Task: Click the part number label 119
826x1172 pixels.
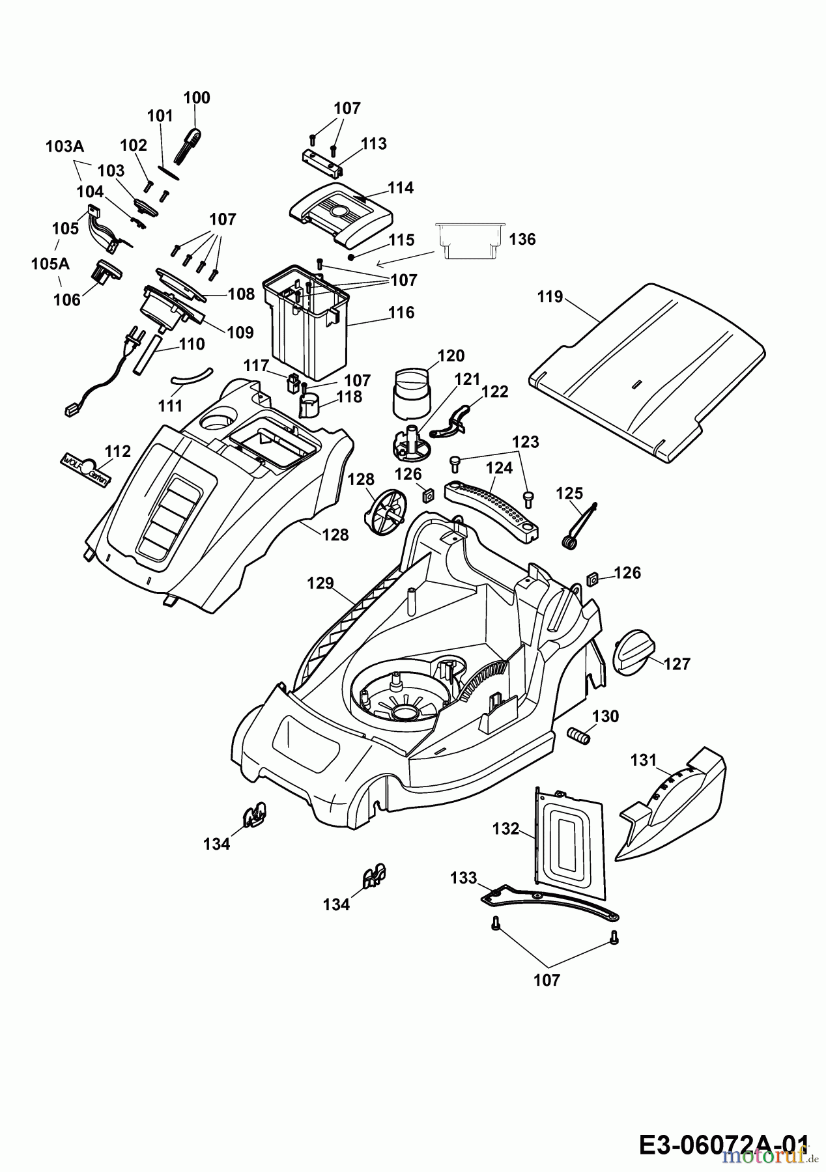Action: coord(549,297)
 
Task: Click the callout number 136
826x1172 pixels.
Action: coord(522,240)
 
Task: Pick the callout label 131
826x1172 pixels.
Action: coord(644,760)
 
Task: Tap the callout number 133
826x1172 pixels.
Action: coord(464,878)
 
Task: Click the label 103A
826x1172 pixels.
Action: coord(64,147)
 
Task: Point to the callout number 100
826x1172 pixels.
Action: coord(197,98)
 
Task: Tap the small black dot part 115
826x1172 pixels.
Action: coord(351,257)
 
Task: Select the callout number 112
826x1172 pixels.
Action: coord(118,451)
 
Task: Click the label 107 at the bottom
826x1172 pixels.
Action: coord(546,980)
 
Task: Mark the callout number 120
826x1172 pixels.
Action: coord(451,356)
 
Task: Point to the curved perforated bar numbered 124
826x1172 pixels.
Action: coord(492,503)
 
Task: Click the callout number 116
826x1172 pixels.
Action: coord(401,313)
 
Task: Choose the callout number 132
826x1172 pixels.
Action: coord(506,829)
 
